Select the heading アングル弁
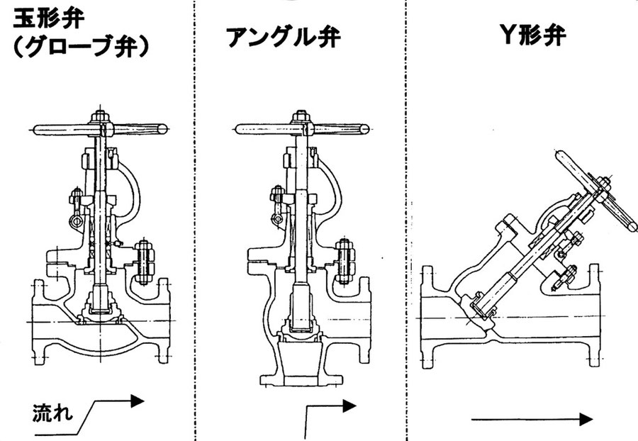tap(283, 37)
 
